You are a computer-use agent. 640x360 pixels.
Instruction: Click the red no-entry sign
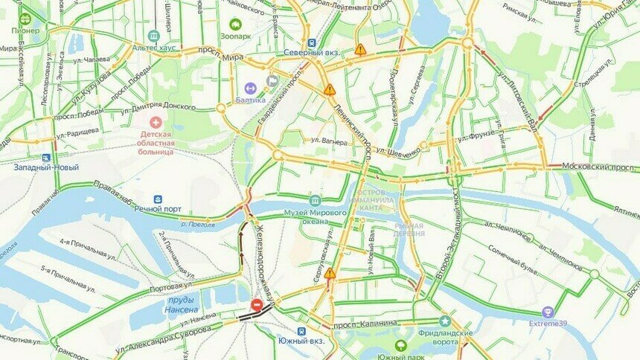point(256,305)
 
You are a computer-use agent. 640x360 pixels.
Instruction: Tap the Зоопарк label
point(236,35)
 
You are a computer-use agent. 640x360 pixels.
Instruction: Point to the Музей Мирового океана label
point(316,213)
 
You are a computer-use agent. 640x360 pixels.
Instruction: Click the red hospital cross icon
point(156,121)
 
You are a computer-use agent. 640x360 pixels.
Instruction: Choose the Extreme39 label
point(548,324)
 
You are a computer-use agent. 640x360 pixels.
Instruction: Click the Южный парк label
point(400,356)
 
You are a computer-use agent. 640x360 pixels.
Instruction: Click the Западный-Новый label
point(46,167)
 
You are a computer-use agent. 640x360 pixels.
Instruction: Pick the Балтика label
point(250,99)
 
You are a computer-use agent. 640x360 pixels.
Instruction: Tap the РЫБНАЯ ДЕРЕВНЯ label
point(409,229)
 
